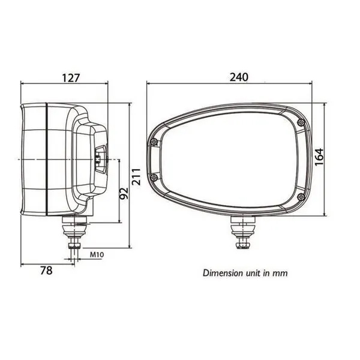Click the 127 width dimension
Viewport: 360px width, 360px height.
[71, 78]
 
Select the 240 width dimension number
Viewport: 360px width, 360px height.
[239, 77]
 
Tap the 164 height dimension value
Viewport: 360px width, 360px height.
[319, 157]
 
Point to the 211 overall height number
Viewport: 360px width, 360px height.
[136, 176]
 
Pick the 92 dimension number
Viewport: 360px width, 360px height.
[124, 194]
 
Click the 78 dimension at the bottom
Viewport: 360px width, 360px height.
[46, 271]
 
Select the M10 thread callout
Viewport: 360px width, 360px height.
[97, 254]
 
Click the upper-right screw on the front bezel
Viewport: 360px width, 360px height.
[301, 122]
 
